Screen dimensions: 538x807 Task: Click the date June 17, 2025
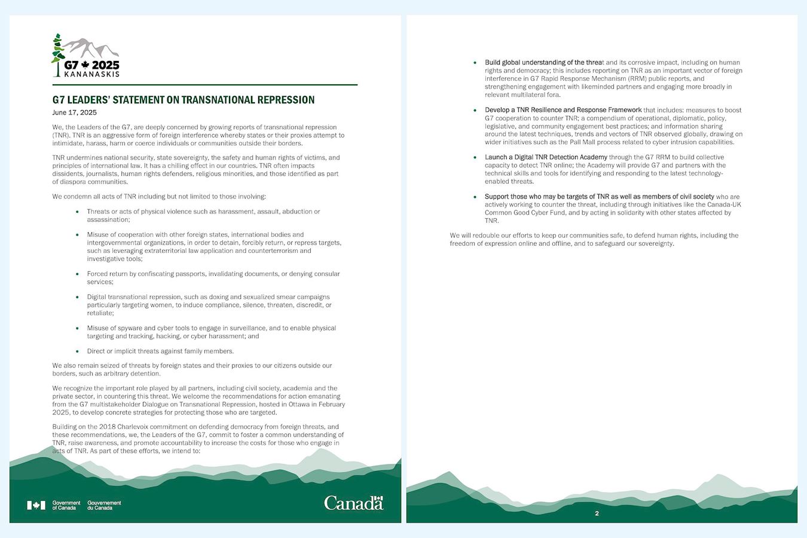74,112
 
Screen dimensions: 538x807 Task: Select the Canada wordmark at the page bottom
353,503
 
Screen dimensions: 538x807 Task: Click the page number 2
597,513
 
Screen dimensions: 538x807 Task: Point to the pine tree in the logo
57,54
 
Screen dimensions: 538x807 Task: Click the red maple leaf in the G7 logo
85,65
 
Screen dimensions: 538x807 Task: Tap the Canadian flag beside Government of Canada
36,505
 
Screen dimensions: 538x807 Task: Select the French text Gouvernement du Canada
104,505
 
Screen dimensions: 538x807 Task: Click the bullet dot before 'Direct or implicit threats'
77,351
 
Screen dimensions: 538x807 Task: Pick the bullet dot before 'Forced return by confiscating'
77,274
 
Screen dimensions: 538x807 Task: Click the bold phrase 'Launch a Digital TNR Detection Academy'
546,157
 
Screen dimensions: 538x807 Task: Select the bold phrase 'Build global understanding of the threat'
544,62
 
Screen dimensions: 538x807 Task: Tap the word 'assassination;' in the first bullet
108,219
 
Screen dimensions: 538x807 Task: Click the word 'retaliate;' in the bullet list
100,313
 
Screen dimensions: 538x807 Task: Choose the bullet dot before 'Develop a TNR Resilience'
475,110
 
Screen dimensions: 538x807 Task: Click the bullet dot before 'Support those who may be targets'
475,197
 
